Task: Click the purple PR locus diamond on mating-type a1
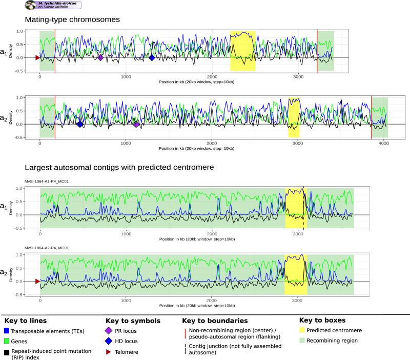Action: click(x=100, y=57)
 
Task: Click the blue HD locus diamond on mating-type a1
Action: click(x=152, y=57)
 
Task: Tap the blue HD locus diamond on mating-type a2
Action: click(x=80, y=124)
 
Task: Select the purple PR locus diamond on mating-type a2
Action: click(x=136, y=124)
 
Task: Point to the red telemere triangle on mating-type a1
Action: click(x=37, y=57)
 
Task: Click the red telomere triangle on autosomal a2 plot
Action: click(x=37, y=281)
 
